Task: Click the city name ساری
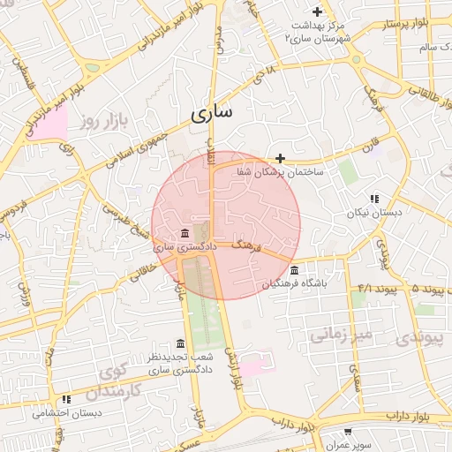coord(213,114)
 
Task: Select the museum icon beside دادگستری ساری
coord(185,233)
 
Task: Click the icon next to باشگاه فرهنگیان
coord(294,270)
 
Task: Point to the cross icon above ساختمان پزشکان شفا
coord(281,159)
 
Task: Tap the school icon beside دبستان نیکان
coord(374,200)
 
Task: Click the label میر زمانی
coord(335,335)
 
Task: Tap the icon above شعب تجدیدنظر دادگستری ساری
coord(181,343)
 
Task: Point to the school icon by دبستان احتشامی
coord(66,399)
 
